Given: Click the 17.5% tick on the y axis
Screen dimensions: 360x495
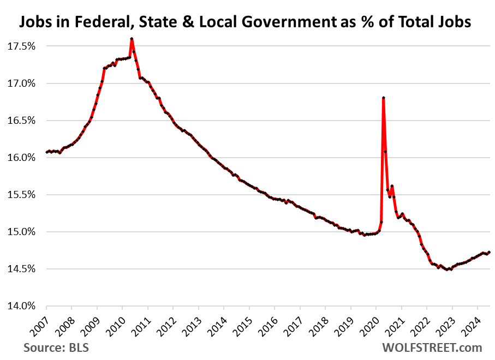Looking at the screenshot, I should pos(22,46).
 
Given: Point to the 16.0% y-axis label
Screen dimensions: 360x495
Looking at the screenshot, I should pos(22,158).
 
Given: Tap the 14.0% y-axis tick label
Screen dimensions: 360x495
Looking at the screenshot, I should pos(22,306).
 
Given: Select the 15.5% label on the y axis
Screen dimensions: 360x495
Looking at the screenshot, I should pos(22,195).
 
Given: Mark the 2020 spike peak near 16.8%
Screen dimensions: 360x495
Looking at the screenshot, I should pos(384,98).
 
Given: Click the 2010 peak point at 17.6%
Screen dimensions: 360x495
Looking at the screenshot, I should pos(132,39).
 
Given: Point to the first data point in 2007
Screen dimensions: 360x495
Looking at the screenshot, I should pos(46,152).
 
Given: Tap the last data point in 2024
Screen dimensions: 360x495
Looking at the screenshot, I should pos(489,252).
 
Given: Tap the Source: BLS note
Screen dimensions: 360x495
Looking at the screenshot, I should pos(56,347).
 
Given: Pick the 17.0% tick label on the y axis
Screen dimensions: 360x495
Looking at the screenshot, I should pos(22,83).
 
